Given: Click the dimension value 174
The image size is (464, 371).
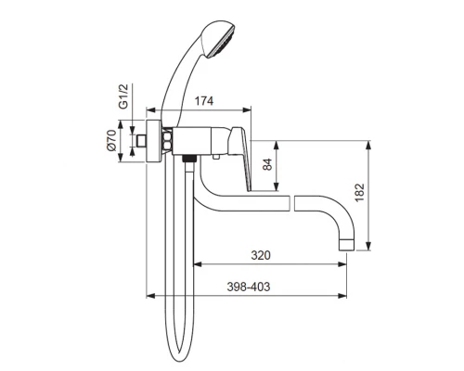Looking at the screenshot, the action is tap(204, 100).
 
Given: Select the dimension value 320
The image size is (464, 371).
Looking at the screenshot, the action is tap(261, 255).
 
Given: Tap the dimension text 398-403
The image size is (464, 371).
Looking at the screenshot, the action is tap(249, 287).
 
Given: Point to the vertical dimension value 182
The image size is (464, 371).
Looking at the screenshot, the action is tap(360, 193).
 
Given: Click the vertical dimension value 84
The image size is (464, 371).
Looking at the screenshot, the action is tap(267, 164).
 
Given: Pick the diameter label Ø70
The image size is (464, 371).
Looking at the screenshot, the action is tap(111, 141).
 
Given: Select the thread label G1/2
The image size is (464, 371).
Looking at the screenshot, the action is tap(123, 96).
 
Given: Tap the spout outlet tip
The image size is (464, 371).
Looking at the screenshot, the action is tap(346, 244).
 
